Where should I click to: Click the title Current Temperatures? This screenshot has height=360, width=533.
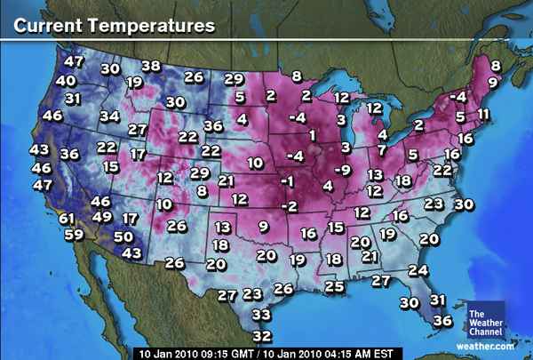click(x=114, y=25)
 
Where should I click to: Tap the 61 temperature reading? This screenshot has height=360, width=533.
click(x=68, y=218)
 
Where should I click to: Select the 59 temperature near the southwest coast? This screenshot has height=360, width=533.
click(x=74, y=236)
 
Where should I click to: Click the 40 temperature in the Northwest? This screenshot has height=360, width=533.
click(x=66, y=80)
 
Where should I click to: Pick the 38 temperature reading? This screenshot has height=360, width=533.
click(x=151, y=65)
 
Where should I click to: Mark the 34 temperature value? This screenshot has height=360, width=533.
click(x=109, y=116)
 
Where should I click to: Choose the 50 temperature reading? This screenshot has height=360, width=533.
click(x=123, y=236)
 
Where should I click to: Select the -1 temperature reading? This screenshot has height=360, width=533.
click(x=286, y=181)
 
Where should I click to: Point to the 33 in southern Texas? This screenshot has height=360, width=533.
click(x=260, y=314)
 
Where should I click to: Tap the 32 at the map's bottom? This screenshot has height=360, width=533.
click(x=261, y=335)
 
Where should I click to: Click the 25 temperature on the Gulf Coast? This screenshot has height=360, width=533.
click(x=334, y=285)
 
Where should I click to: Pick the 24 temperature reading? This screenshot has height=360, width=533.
click(x=417, y=269)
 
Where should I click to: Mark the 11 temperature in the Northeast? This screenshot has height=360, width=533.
click(x=483, y=114)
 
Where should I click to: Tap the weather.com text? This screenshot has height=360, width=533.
click(x=486, y=344)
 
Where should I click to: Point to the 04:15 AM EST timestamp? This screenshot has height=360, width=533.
click(x=347, y=352)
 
